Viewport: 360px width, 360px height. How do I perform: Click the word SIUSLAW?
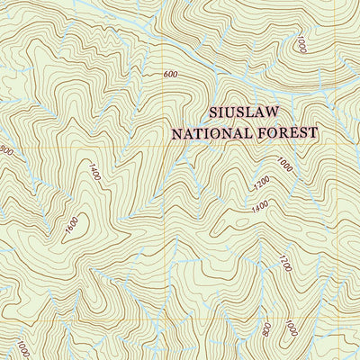click(x=245, y=112)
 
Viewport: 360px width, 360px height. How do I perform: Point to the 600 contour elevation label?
click(x=170, y=75)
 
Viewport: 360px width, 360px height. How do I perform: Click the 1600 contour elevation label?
click(x=72, y=229)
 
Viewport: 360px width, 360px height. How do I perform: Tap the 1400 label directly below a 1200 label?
click(x=260, y=207)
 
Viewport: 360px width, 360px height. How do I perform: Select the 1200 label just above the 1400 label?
click(x=261, y=183)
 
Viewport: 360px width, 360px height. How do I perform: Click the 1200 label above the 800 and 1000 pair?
click(x=285, y=265)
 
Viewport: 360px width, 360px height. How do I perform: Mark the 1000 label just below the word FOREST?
click(x=284, y=165)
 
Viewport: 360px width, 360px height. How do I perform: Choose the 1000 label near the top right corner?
click(x=301, y=45)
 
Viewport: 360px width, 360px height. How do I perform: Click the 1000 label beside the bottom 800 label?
click(x=291, y=330)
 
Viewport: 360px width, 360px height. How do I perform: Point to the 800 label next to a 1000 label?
click(x=267, y=329)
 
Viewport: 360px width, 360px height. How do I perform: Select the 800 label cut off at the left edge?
click(x=4, y=150)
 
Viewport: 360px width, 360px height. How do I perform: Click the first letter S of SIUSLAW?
click(x=212, y=112)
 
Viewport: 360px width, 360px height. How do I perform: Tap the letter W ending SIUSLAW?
click(x=276, y=112)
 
